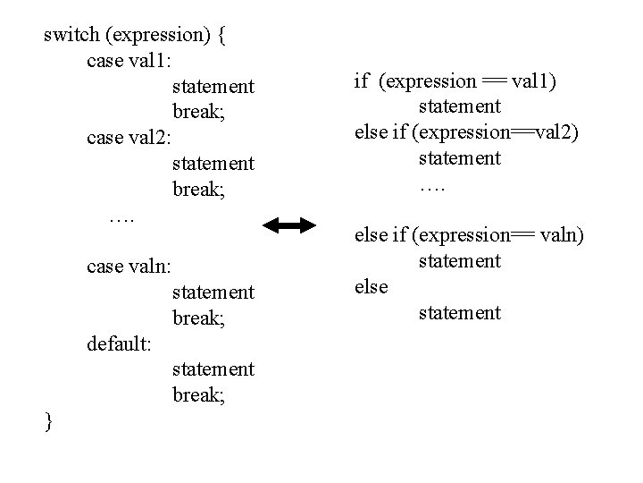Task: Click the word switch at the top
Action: [71, 35]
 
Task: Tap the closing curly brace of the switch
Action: [49, 420]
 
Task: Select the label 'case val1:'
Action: [132, 61]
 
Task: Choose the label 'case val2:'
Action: [134, 138]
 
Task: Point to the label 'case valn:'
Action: [134, 267]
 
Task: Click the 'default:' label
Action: [121, 343]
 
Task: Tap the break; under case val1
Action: [197, 113]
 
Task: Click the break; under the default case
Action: [197, 395]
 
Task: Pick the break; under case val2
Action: [197, 190]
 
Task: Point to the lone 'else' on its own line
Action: [372, 287]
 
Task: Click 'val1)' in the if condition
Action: [535, 81]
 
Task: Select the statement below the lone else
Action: [460, 313]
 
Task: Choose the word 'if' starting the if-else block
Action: [362, 81]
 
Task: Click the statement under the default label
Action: [213, 369]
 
